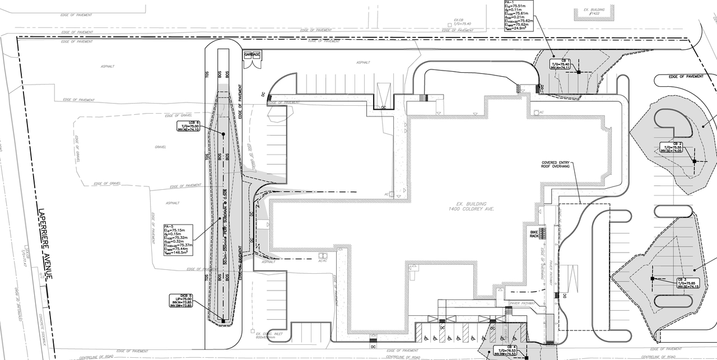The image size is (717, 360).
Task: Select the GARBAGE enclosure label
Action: [x=252, y=54]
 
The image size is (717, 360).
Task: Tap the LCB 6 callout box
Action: [x=189, y=126]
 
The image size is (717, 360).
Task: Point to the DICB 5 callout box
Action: [x=180, y=301]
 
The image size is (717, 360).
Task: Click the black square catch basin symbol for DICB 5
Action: [x=223, y=320]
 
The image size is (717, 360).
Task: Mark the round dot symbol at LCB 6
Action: [x=223, y=134]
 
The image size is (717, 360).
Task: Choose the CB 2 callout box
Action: [x=672, y=147]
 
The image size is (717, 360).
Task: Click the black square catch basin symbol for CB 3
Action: [x=652, y=278]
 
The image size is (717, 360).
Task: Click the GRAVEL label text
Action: [x=161, y=148]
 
